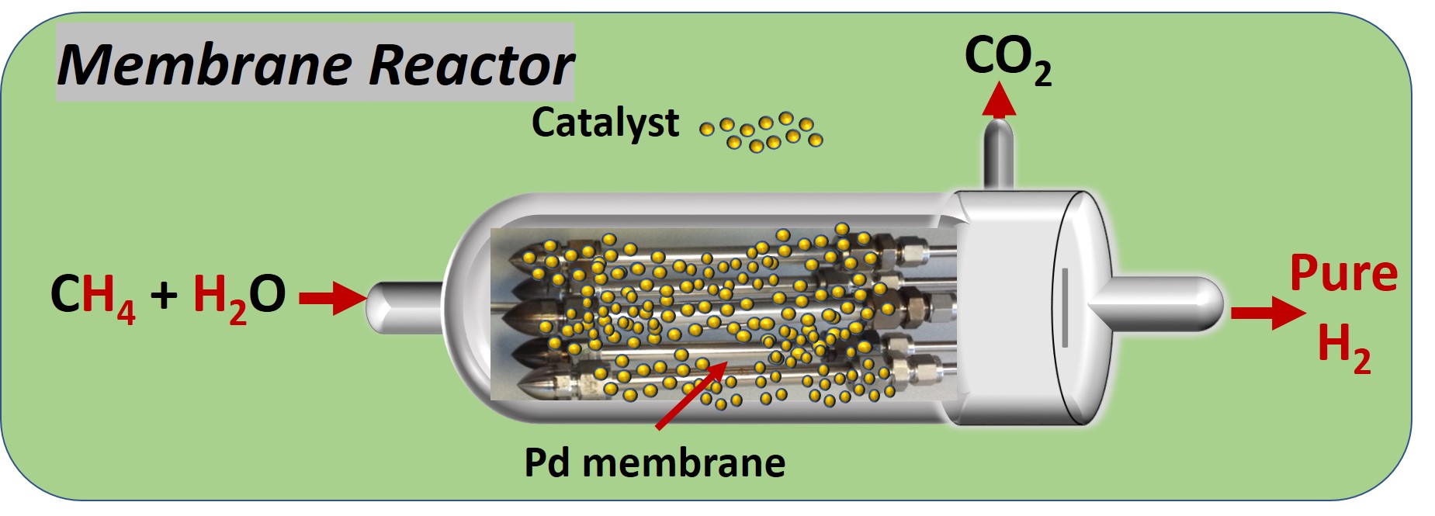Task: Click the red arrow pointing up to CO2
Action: pyautogui.click(x=998, y=101)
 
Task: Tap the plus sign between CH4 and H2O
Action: pyautogui.click(x=164, y=295)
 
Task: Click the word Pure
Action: pyautogui.click(x=1343, y=275)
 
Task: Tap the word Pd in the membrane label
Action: pyautogui.click(x=548, y=463)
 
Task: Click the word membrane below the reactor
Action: pyautogui.click(x=683, y=463)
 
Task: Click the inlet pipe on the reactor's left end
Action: pyautogui.click(x=404, y=306)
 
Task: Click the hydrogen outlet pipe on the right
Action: pyautogui.click(x=1164, y=306)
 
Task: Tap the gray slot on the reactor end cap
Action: pyautogui.click(x=1065, y=307)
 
